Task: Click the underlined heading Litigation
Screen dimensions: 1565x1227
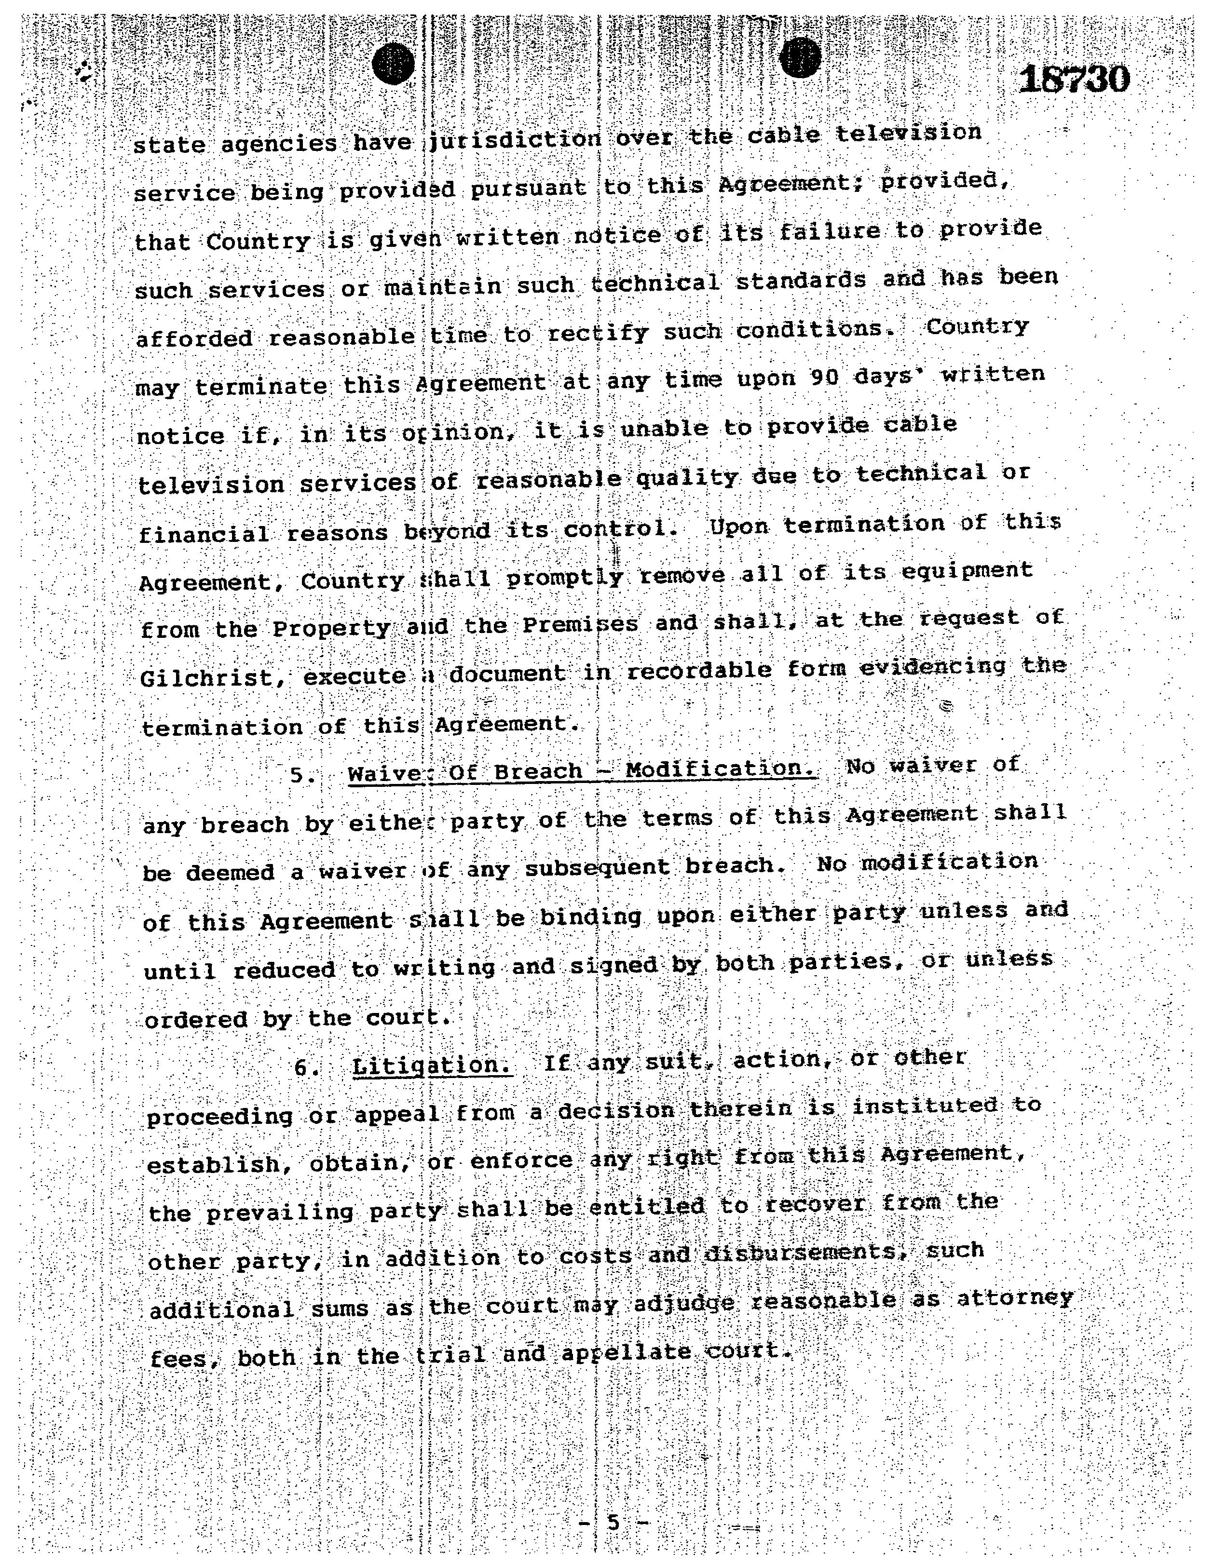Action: coord(432,1064)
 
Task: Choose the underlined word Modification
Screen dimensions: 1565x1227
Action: coord(721,769)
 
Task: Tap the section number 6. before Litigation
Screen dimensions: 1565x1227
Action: coord(307,1068)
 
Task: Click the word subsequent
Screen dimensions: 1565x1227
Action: coord(597,868)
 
